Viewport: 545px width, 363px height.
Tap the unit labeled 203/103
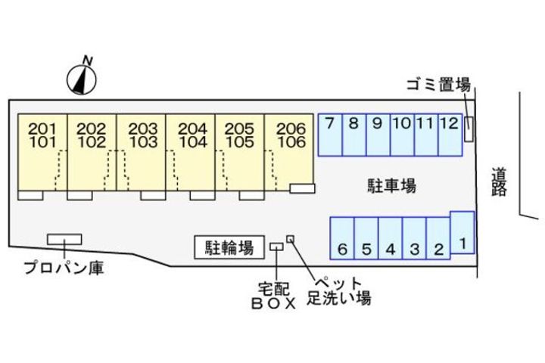[142, 151]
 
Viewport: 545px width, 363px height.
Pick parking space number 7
[329, 135]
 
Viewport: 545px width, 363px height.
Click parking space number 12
[449, 135]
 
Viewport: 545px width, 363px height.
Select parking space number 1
[462, 232]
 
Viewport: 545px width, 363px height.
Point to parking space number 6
[342, 237]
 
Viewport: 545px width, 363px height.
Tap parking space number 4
[390, 237]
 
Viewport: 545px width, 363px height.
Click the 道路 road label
[498, 181]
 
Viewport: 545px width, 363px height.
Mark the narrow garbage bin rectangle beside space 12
[469, 129]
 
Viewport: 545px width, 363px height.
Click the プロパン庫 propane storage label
[64, 267]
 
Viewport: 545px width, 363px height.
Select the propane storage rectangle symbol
[64, 239]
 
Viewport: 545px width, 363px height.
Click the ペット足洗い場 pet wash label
[338, 290]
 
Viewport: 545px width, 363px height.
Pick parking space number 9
[377, 135]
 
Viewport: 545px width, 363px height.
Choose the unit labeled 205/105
[240, 151]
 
